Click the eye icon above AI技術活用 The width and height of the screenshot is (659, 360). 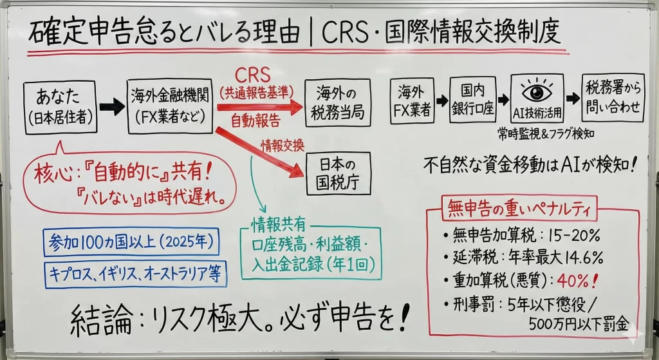pyautogui.click(x=537, y=90)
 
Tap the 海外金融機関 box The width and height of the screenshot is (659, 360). pyautogui.click(x=170, y=107)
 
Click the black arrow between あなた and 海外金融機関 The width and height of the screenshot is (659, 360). pyautogui.click(x=111, y=108)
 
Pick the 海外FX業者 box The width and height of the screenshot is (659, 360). pyautogui.click(x=412, y=101)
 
